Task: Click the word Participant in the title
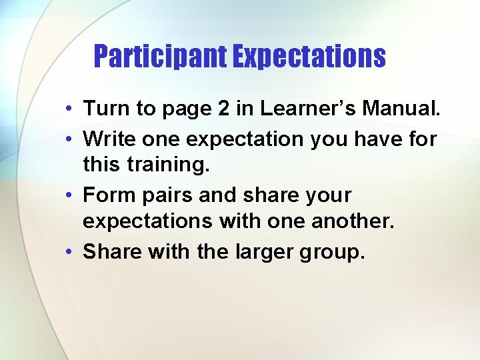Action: [161, 57]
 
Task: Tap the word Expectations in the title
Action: [309, 57]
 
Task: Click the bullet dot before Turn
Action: [69, 109]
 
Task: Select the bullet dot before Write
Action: [69, 139]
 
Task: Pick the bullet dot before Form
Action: [69, 196]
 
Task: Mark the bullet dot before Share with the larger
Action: [69, 252]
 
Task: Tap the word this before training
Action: [101, 165]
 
